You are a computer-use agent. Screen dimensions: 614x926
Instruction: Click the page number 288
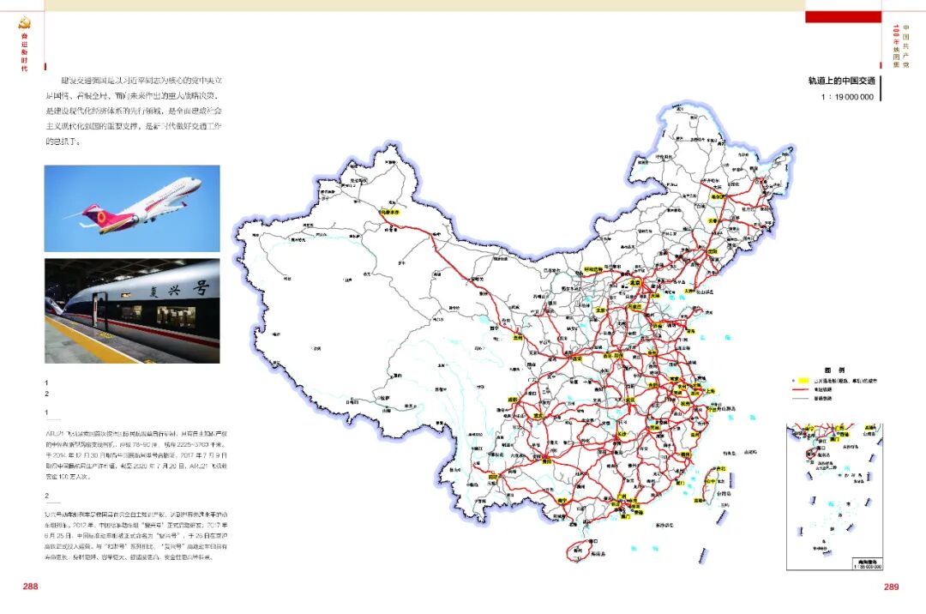coord(30,587)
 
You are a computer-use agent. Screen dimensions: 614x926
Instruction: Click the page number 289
coord(891,587)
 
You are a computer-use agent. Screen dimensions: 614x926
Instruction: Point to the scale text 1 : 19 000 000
coord(846,97)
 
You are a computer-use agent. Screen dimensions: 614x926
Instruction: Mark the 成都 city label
coord(514,400)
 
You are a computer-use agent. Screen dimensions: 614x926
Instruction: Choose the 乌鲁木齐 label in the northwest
coord(390,209)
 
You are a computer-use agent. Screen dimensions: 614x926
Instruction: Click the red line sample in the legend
coord(801,388)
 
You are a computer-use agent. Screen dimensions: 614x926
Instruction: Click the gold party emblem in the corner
coord(24,23)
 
